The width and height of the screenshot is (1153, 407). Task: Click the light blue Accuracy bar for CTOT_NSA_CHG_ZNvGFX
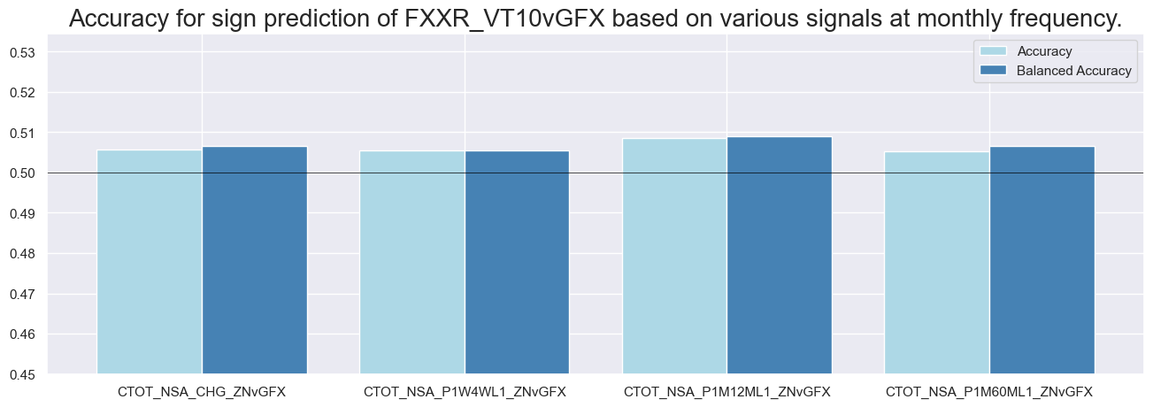[150, 262]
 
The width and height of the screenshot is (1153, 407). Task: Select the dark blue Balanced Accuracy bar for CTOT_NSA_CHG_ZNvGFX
[255, 260]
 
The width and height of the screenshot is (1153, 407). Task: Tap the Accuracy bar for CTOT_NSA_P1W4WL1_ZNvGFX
[412, 262]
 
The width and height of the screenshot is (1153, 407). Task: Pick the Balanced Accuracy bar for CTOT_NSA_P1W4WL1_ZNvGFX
[517, 262]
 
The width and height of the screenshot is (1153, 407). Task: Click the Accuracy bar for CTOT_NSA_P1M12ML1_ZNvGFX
[674, 257]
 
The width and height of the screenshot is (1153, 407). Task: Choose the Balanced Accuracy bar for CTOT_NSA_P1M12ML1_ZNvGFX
[780, 256]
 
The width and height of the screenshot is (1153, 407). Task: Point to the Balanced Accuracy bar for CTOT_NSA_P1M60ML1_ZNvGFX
[1042, 260]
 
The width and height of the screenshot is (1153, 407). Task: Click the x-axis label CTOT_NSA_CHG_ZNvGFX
[202, 391]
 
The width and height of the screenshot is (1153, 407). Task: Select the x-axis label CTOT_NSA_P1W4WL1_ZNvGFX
[465, 391]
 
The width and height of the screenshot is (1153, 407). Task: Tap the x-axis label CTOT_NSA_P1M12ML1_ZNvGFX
[726, 391]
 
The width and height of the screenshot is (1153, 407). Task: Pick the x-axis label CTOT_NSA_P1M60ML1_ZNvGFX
[989, 391]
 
